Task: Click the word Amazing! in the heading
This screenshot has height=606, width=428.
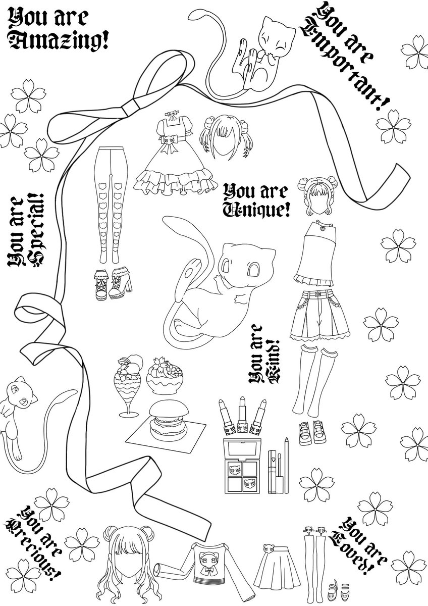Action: [x=60, y=41]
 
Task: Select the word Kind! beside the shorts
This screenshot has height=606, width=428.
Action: [x=269, y=364]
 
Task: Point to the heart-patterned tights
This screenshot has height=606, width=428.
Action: [x=110, y=202]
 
